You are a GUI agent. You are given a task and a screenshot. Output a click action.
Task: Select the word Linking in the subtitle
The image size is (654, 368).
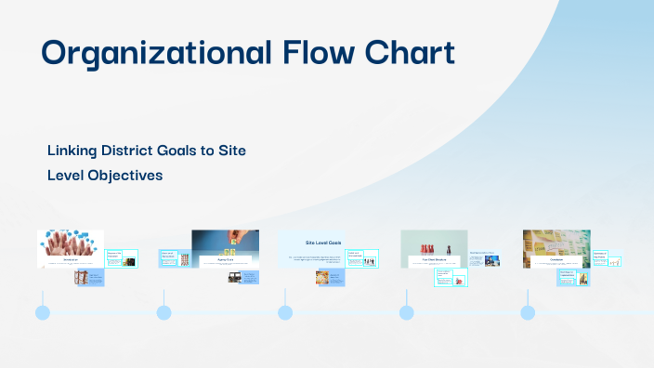[x=72, y=150]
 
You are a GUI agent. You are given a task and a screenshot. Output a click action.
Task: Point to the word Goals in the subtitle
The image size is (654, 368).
[x=190, y=150]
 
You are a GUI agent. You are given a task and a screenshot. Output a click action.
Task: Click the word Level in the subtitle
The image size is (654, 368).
[x=65, y=175]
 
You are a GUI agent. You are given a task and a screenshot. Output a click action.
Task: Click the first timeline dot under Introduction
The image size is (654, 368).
[x=42, y=312]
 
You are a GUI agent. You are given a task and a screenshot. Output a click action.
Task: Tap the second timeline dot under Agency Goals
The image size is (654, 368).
[x=163, y=312]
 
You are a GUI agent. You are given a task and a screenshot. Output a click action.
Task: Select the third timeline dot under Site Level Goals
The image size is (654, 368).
[x=285, y=312]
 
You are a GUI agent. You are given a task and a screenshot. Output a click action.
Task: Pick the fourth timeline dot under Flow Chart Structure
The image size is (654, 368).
[x=406, y=312]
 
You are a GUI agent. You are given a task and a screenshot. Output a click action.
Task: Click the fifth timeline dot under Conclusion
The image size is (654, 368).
[x=528, y=312]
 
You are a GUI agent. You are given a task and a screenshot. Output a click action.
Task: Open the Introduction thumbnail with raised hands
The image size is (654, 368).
[x=70, y=243]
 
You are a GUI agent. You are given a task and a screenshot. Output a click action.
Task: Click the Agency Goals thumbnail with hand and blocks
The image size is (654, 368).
[x=225, y=243]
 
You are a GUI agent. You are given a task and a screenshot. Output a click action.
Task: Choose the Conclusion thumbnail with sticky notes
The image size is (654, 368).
[x=556, y=243]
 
